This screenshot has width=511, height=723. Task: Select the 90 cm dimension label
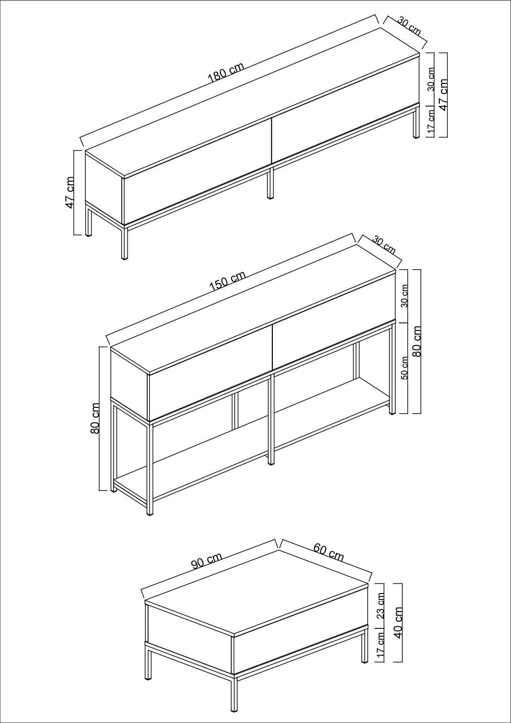[x=206, y=562]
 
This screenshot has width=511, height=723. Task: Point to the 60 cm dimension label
[x=328, y=553]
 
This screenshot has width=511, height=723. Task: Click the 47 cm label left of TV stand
[x=69, y=193]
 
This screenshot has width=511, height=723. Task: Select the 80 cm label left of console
[x=95, y=418]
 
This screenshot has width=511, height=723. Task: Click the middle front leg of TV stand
[x=270, y=182]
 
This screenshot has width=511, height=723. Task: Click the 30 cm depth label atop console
[x=384, y=245]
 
